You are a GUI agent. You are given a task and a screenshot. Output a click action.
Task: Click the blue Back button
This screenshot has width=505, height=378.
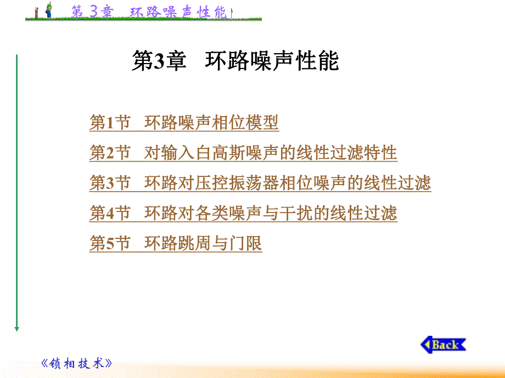click(444, 345)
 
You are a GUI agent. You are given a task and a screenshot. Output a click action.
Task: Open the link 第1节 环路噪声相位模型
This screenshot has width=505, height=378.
click(184, 123)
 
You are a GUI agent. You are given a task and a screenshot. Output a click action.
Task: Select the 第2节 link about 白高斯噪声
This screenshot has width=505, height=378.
click(243, 152)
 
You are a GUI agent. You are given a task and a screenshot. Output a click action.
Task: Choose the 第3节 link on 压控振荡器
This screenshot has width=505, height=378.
click(260, 182)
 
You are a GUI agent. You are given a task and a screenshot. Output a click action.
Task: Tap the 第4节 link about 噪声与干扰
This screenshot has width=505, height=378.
click(243, 213)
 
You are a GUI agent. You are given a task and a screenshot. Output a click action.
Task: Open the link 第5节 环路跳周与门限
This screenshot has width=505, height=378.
click(176, 243)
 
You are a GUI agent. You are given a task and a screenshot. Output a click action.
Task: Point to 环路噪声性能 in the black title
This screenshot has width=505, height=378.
click(272, 61)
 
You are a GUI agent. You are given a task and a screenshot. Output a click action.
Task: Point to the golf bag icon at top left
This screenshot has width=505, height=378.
click(36, 12)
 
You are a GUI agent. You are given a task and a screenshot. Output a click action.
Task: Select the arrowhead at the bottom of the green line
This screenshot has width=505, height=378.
click(17, 328)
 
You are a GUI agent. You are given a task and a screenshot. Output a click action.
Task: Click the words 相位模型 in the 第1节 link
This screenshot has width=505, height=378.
click(245, 123)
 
